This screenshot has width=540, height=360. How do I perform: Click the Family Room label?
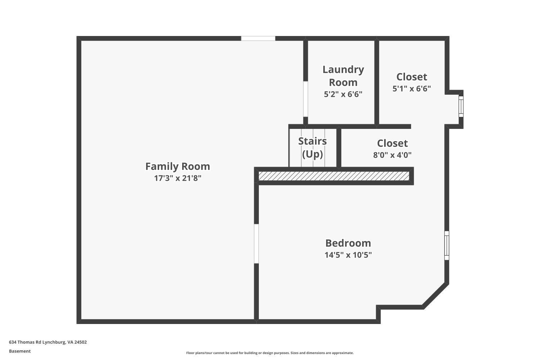pyautogui.click(x=177, y=166)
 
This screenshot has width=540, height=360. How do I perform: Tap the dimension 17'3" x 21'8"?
pyautogui.click(x=177, y=178)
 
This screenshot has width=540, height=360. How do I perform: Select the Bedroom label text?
pyautogui.click(x=348, y=243)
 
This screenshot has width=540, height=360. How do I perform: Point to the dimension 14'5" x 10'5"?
pyautogui.click(x=348, y=255)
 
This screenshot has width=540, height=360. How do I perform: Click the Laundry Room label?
pyautogui.click(x=343, y=76)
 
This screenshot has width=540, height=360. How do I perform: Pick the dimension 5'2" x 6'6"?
pyautogui.click(x=343, y=94)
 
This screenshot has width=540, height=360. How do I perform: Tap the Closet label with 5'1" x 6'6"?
pyautogui.click(x=411, y=77)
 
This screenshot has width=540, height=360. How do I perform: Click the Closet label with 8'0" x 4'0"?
pyautogui.click(x=392, y=143)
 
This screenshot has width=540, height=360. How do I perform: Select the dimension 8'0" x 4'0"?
pyautogui.click(x=392, y=155)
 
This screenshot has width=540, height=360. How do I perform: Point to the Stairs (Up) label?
pyautogui.click(x=312, y=147)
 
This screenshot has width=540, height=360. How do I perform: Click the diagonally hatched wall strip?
pyautogui.click(x=334, y=176)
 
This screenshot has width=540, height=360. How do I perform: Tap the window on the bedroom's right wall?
pyautogui.click(x=447, y=246)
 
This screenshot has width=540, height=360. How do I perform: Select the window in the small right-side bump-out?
pyautogui.click(x=461, y=106)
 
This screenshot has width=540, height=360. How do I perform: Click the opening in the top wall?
pyautogui.click(x=258, y=38)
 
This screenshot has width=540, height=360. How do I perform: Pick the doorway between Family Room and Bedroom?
pyautogui.click(x=256, y=244)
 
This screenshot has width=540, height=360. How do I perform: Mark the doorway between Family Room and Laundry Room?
pyautogui.click(x=305, y=99)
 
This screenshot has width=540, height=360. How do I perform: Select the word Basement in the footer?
pyautogui.click(x=20, y=351)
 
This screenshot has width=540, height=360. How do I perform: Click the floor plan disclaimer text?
pyautogui.click(x=270, y=353)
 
